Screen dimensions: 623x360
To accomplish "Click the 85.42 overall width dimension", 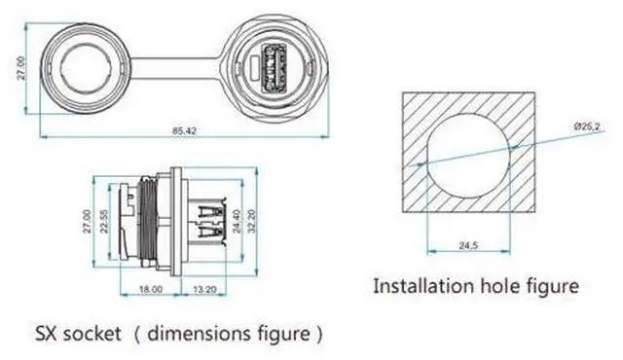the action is click(184, 130).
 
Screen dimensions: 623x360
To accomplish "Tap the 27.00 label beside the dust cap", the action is click(21, 68).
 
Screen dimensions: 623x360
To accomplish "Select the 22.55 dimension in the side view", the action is click(104, 222).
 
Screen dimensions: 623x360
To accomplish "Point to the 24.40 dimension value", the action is click(237, 222).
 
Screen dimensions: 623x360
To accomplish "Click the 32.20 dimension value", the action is click(252, 221).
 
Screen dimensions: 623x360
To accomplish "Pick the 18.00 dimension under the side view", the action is click(151, 289).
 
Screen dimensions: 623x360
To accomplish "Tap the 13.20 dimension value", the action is click(204, 290).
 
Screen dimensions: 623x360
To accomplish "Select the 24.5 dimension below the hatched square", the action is click(468, 246).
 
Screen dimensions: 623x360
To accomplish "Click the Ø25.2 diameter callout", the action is click(587, 126).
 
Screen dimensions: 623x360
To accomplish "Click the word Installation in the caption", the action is click(424, 286).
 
